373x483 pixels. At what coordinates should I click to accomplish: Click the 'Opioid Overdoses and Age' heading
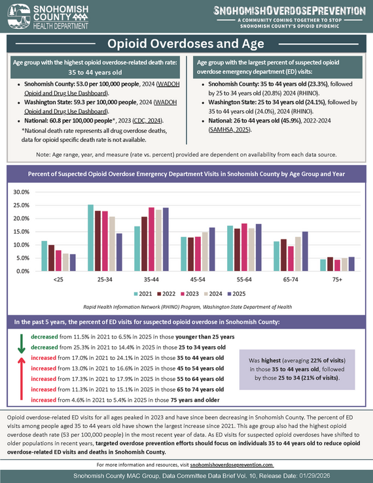point(186,44)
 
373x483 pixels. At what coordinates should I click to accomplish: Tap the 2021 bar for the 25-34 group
point(90,238)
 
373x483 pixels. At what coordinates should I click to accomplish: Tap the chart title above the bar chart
point(186,175)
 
